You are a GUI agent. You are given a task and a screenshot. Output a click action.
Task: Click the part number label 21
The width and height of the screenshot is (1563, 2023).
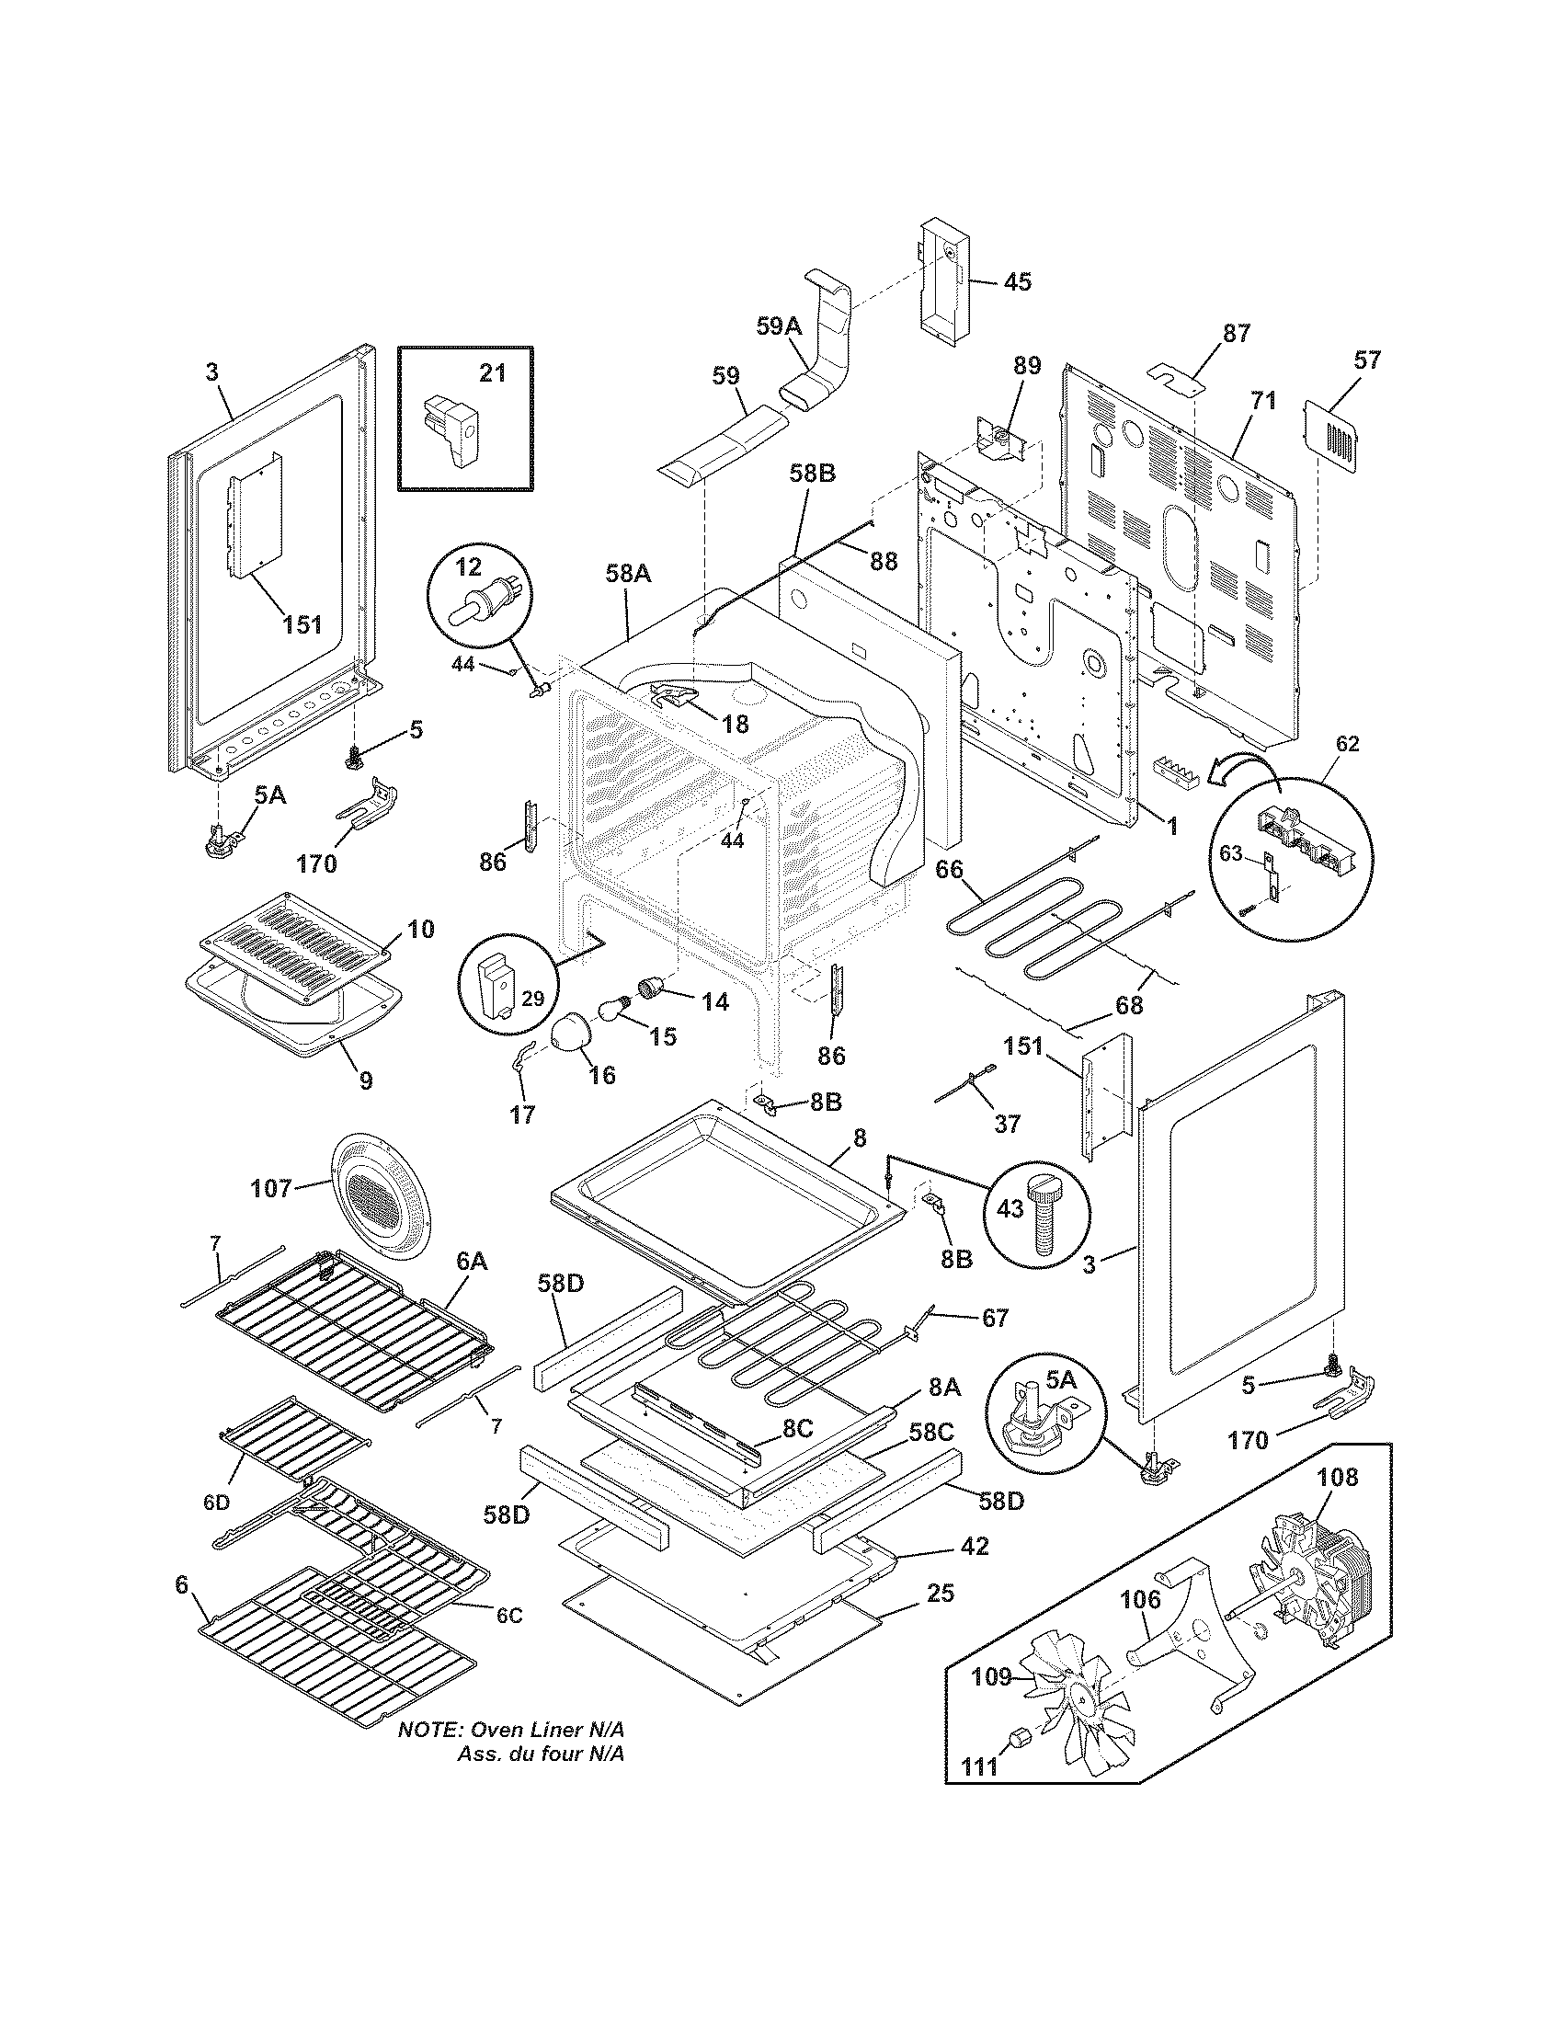pyautogui.click(x=493, y=372)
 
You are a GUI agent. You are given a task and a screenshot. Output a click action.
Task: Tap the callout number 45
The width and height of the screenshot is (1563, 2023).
pyautogui.click(x=1017, y=281)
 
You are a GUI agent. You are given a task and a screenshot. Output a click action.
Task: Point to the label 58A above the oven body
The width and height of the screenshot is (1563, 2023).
pyautogui.click(x=629, y=574)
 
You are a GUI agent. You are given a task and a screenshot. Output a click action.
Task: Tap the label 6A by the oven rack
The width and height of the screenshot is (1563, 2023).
pyautogui.click(x=471, y=1262)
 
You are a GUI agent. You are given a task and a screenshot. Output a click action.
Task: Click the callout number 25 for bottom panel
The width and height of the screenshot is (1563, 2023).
pyautogui.click(x=940, y=1594)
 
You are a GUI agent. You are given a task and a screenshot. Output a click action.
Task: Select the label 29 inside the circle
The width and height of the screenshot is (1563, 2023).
pyautogui.click(x=533, y=999)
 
